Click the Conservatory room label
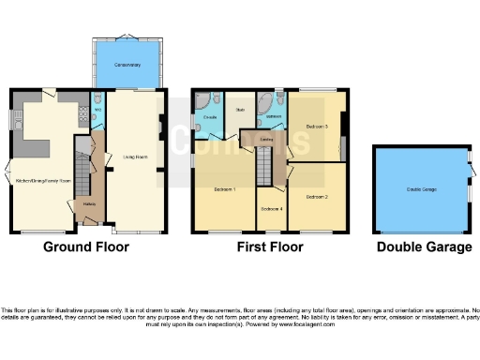click(x=127, y=65)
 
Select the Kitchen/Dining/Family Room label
click(x=38, y=179)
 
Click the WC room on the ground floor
click(x=97, y=113)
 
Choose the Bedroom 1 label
click(x=224, y=189)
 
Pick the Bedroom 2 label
click(x=317, y=197)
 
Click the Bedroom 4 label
click(x=271, y=208)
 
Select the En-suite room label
click(x=210, y=116)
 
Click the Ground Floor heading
click(x=86, y=247)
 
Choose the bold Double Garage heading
click(x=424, y=247)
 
